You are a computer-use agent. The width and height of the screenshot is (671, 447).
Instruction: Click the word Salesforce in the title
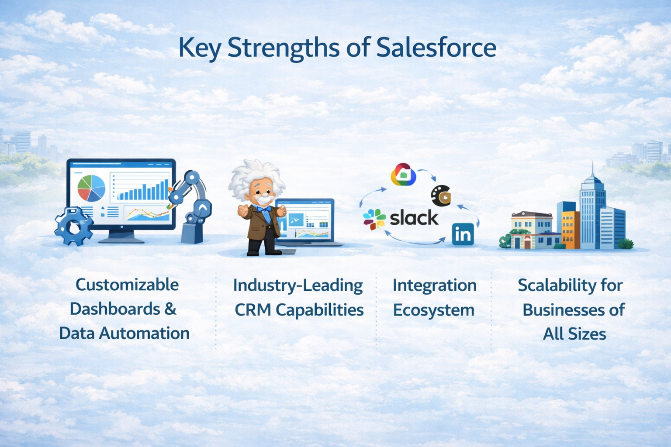436,48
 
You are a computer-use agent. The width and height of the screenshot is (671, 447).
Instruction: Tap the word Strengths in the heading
283,48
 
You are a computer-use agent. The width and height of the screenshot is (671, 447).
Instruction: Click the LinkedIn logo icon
463,234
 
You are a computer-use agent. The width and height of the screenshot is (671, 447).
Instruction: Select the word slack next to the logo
414,218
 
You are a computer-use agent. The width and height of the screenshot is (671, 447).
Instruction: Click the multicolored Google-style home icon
403,175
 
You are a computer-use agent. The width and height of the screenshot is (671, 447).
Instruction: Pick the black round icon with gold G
441,196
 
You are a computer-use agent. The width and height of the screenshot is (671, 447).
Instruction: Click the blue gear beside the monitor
73,226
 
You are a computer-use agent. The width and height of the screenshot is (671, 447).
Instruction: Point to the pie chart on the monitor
91,188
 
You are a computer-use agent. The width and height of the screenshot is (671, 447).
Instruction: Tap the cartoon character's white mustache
262,200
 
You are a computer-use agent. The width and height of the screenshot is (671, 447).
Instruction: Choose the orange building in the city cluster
568,229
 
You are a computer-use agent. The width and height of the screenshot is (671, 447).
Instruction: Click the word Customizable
127,285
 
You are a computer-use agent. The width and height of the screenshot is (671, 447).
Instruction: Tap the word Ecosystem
433,310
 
